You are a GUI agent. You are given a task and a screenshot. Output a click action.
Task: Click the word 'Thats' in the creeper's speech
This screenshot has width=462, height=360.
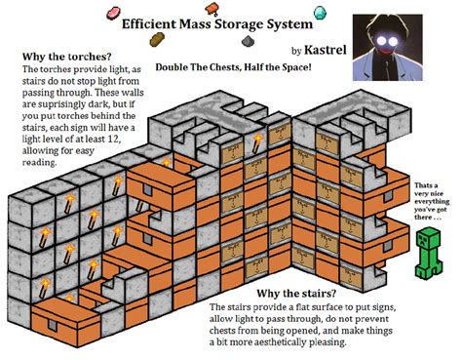[426, 185]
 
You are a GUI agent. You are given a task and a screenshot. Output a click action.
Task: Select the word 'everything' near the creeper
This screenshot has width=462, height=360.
[433, 205]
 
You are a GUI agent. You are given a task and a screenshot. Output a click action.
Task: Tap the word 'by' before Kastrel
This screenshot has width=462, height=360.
[296, 50]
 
